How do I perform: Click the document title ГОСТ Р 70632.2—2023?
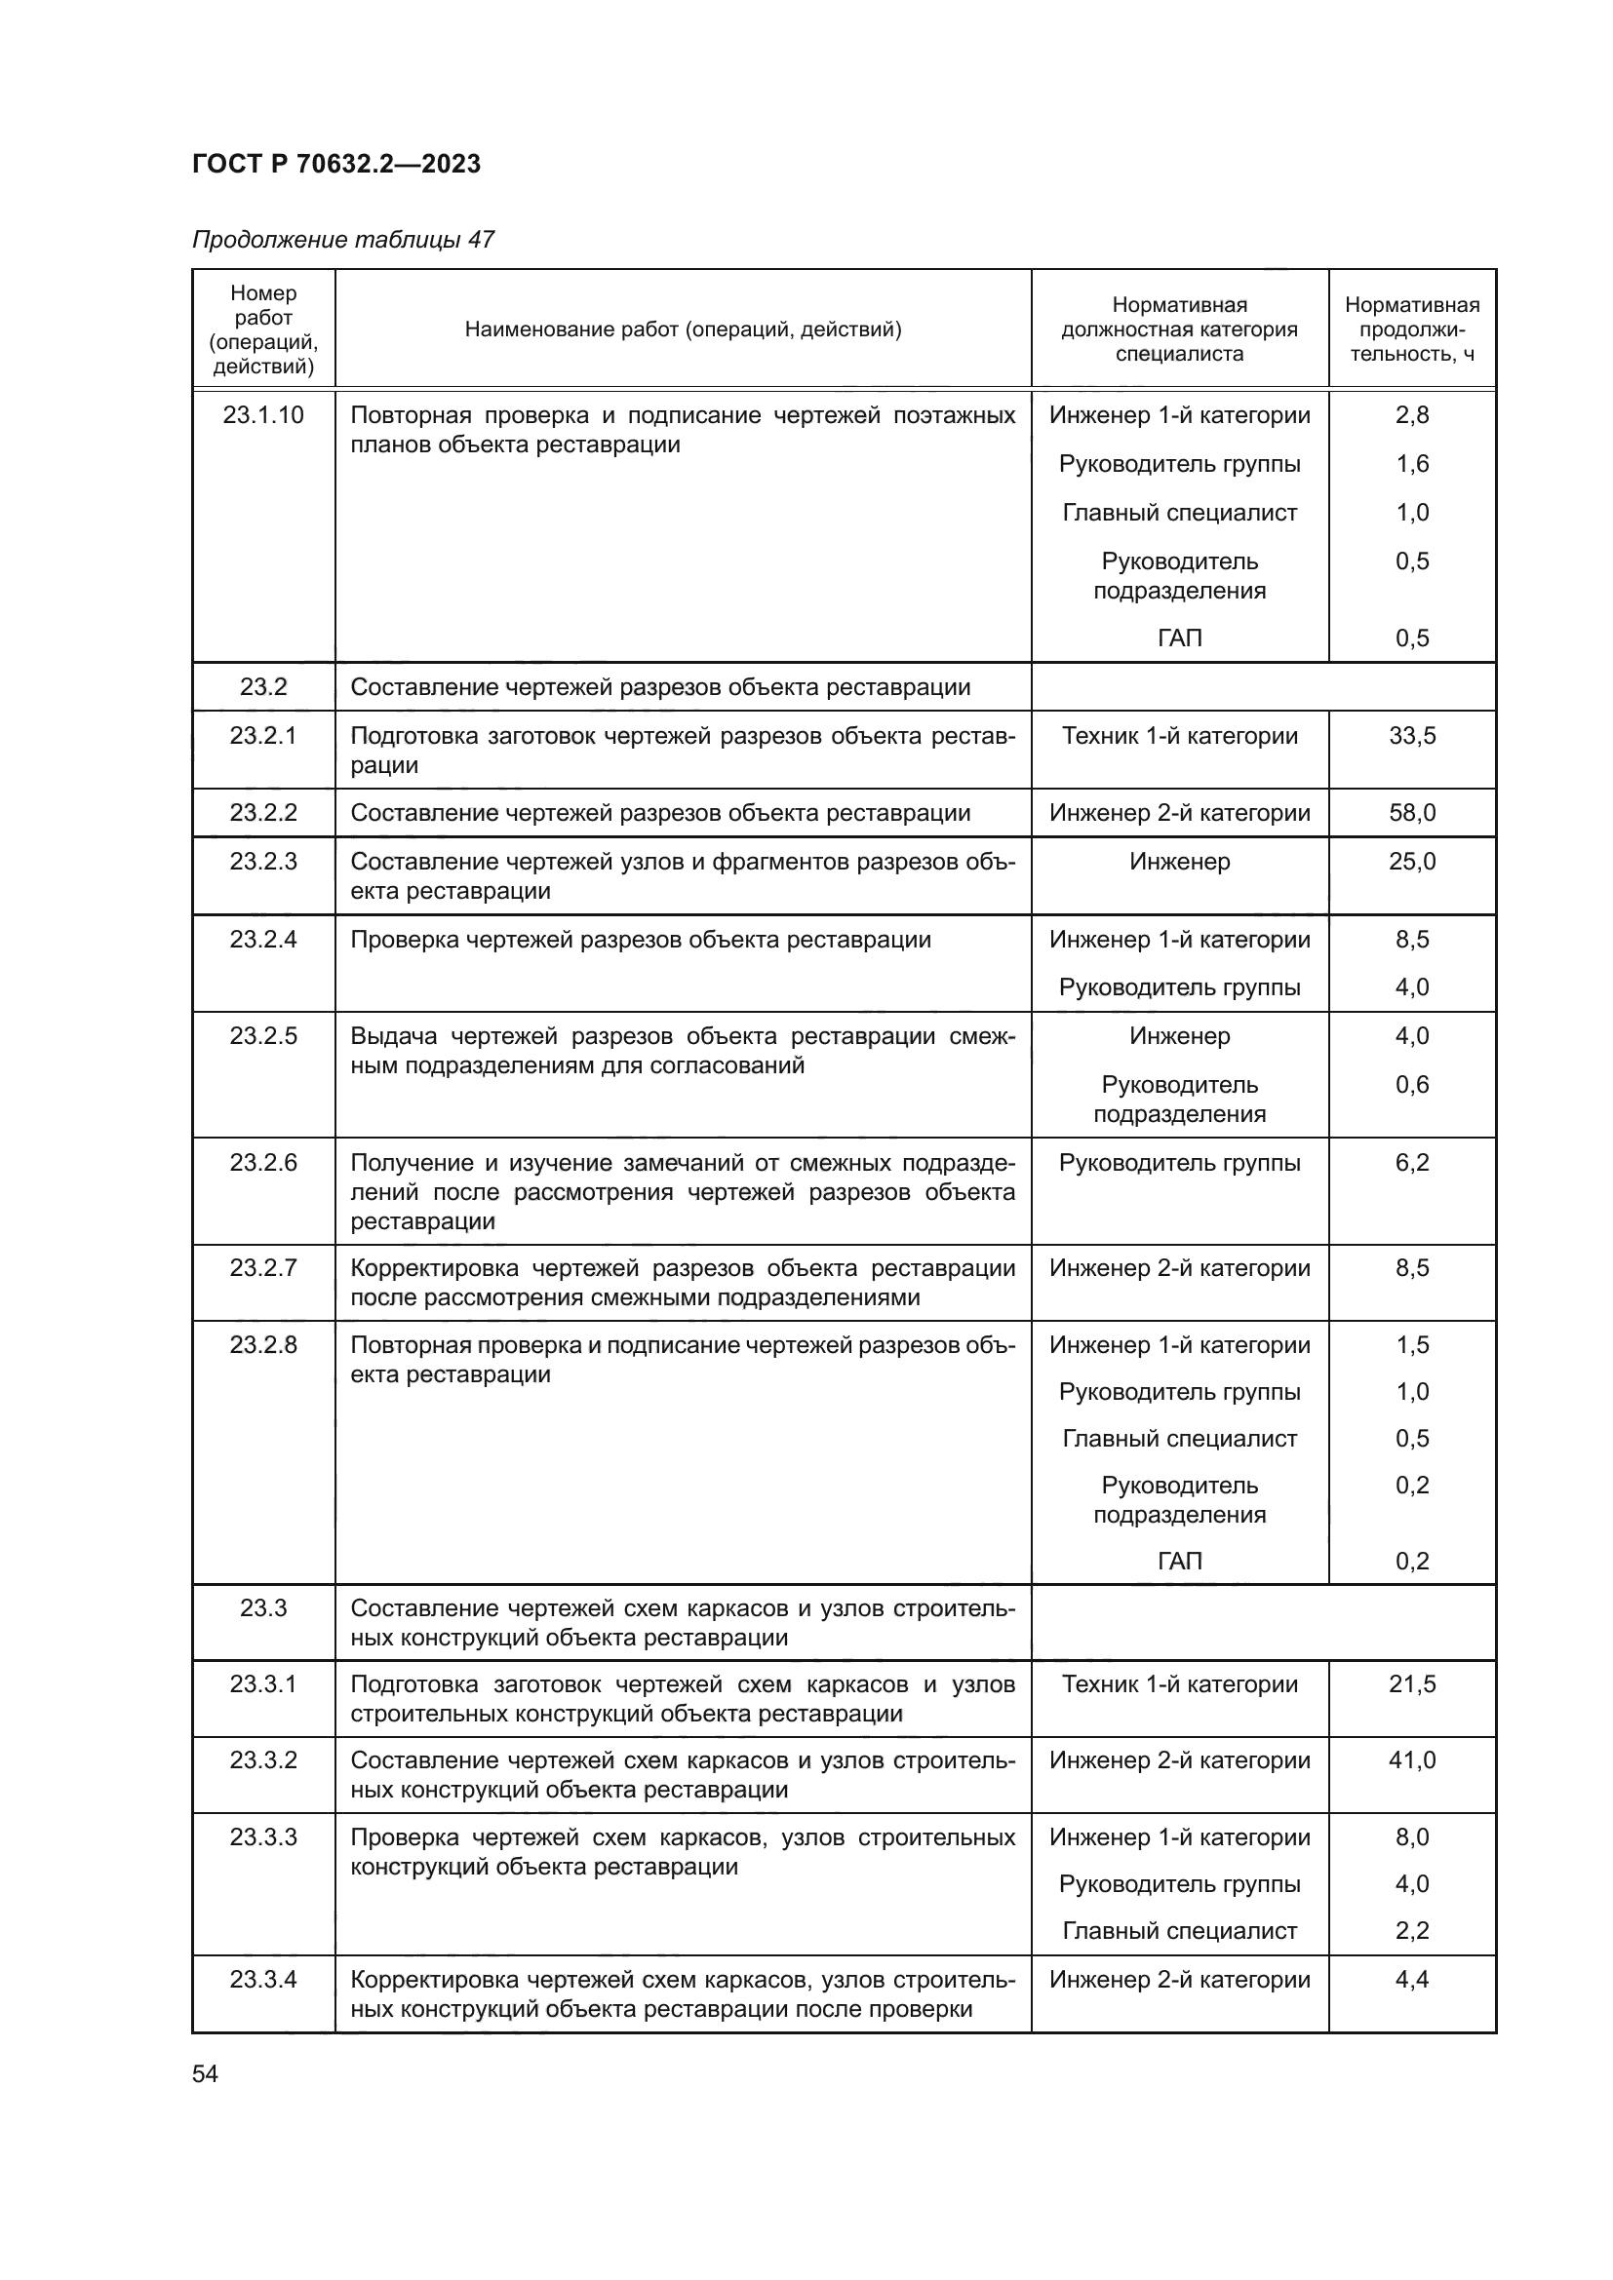click(x=335, y=164)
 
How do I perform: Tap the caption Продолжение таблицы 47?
click(x=342, y=240)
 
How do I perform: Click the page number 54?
click(x=205, y=2073)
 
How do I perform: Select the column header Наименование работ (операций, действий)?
click(x=683, y=328)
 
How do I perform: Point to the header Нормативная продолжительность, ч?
click(x=1411, y=328)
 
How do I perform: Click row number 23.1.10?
click(x=263, y=415)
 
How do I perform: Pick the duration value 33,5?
click(x=1411, y=736)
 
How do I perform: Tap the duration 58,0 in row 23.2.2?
click(x=1411, y=813)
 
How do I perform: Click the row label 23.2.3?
click(x=263, y=861)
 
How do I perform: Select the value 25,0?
click(x=1411, y=861)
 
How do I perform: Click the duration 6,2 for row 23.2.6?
click(x=1411, y=1163)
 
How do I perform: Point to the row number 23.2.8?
click(x=263, y=1344)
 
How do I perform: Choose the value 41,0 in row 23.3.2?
click(x=1411, y=1759)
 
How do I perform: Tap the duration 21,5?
click(x=1411, y=1683)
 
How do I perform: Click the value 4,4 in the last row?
click(x=1411, y=1979)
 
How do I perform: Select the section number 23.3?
click(x=263, y=1607)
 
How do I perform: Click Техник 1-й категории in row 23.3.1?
click(x=1179, y=1683)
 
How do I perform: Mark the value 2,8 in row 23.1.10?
click(x=1411, y=415)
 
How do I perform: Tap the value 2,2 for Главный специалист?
click(x=1411, y=1930)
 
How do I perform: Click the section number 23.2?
click(x=263, y=687)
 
